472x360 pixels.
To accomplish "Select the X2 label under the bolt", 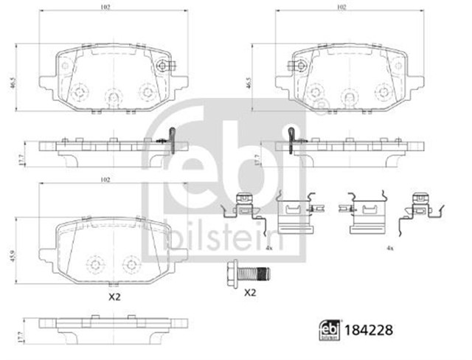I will (x=250, y=292).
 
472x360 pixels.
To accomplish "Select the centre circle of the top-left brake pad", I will (x=113, y=94).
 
